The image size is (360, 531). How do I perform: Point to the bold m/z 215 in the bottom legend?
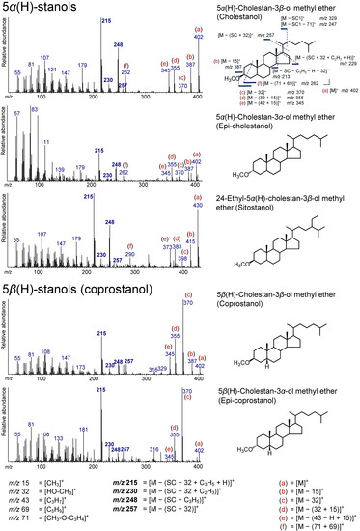[127, 480]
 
